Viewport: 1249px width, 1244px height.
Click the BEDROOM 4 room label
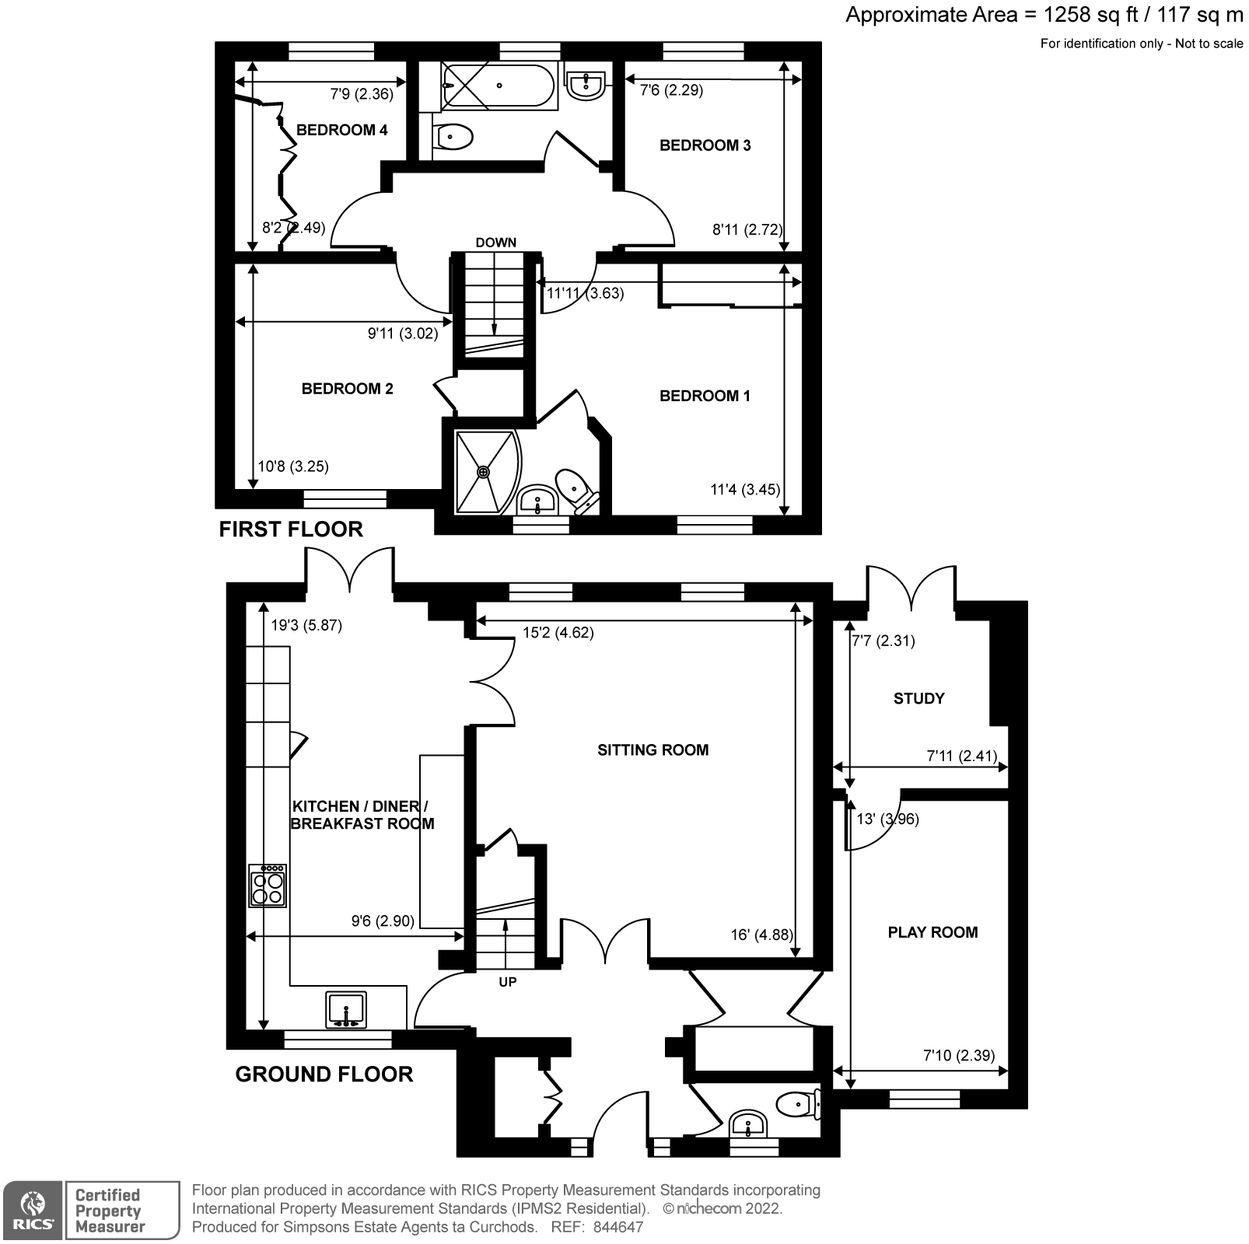[x=341, y=130]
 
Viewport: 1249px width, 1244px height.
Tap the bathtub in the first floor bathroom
[x=499, y=86]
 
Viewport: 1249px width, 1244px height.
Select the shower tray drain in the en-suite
[x=484, y=471]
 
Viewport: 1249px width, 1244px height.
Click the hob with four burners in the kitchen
[x=268, y=886]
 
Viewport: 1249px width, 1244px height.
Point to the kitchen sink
[x=346, y=1010]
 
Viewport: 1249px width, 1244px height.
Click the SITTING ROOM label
[x=652, y=750]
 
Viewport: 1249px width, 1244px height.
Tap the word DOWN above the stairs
[x=496, y=243]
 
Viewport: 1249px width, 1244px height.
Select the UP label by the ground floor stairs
[x=507, y=982]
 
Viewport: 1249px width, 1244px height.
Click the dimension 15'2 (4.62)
[x=558, y=633]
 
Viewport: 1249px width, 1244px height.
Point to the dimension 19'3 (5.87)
[x=306, y=625]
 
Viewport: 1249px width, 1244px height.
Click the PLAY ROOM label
[x=932, y=932]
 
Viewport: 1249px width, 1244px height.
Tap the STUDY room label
[x=918, y=699]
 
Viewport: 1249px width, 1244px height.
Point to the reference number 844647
[x=618, y=1228]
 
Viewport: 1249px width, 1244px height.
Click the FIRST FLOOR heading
[x=291, y=529]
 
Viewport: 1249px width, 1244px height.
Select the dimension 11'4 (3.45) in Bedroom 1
[x=744, y=490]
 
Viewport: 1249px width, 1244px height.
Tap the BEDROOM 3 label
[x=705, y=145]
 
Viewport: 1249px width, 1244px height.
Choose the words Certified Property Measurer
[x=110, y=1211]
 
